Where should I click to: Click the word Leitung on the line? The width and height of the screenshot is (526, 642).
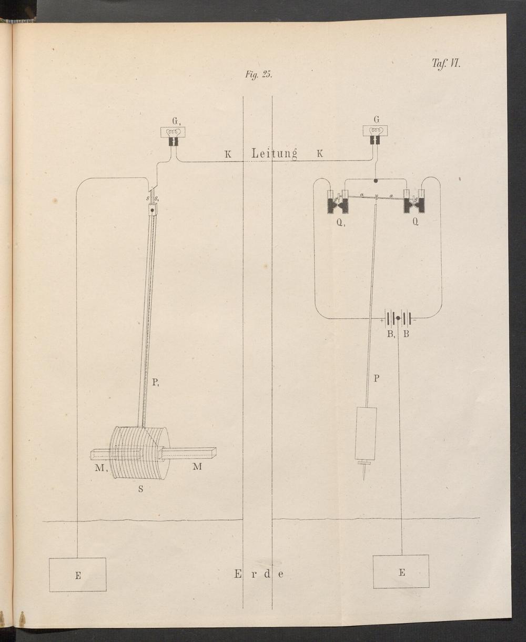pyautogui.click(x=274, y=153)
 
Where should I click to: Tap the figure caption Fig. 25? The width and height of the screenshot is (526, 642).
pyautogui.click(x=259, y=75)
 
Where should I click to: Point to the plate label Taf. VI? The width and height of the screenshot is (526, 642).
pyautogui.click(x=446, y=64)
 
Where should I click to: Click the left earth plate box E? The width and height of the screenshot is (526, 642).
pyautogui.click(x=77, y=575)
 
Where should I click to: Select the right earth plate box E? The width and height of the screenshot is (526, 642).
pyautogui.click(x=401, y=571)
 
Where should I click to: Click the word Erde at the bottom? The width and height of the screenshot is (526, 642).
pyautogui.click(x=259, y=574)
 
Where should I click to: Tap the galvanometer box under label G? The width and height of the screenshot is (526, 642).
pyautogui.click(x=173, y=132)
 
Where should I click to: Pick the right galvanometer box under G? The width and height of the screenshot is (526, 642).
pyautogui.click(x=376, y=131)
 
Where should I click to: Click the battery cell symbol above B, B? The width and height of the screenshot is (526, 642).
pyautogui.click(x=398, y=317)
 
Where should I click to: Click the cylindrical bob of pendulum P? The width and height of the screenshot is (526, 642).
pyautogui.click(x=366, y=434)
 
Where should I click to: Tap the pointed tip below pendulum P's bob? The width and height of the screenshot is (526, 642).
pyautogui.click(x=364, y=480)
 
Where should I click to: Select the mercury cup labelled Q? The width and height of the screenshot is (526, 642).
pyautogui.click(x=338, y=203)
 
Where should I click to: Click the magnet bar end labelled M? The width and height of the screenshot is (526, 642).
pyautogui.click(x=189, y=453)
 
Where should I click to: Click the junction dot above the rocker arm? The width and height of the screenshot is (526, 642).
pyautogui.click(x=376, y=181)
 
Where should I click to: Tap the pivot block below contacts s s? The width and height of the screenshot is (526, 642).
pyautogui.click(x=153, y=210)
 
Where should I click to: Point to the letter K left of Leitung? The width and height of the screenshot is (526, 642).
pyautogui.click(x=228, y=154)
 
